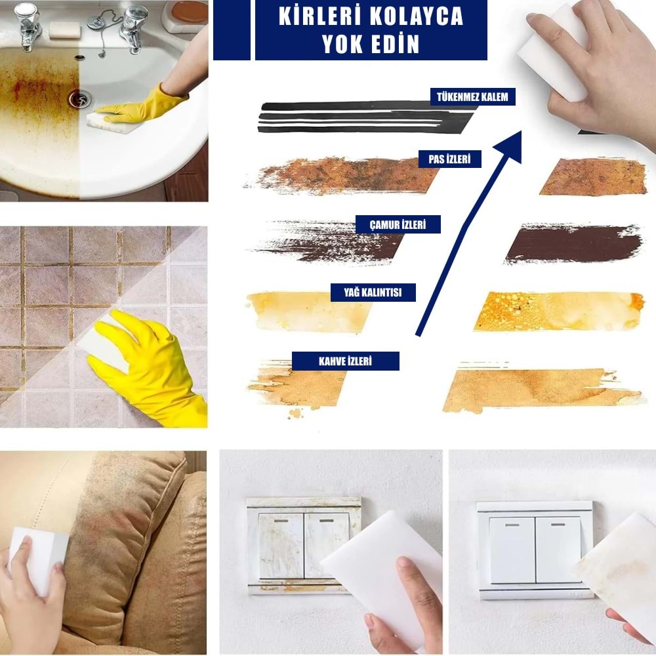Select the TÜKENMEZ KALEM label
click(472, 97)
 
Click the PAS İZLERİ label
click(450, 159)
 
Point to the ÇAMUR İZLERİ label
click(398, 224)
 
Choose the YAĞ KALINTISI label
click(373, 293)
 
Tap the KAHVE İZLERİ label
click(345, 361)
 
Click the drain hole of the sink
click(80, 99)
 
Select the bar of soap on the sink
click(64, 29)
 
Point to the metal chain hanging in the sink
click(102, 33)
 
